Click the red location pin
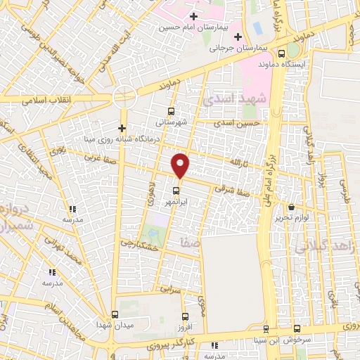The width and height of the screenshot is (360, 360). pyautogui.click(x=181, y=165)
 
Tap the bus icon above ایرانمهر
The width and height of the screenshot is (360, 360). pyautogui.click(x=176, y=189)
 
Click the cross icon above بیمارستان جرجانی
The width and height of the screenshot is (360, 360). pyautogui.click(x=238, y=37)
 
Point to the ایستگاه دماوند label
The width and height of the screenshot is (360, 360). pyautogui.click(x=281, y=65)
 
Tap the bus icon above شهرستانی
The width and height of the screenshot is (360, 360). pyautogui.click(x=172, y=111)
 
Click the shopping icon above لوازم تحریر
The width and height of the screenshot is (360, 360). pyautogui.click(x=292, y=207)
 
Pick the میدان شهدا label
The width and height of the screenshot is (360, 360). pyautogui.click(x=115, y=326)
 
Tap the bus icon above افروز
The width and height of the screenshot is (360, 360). pyautogui.click(x=185, y=316)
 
